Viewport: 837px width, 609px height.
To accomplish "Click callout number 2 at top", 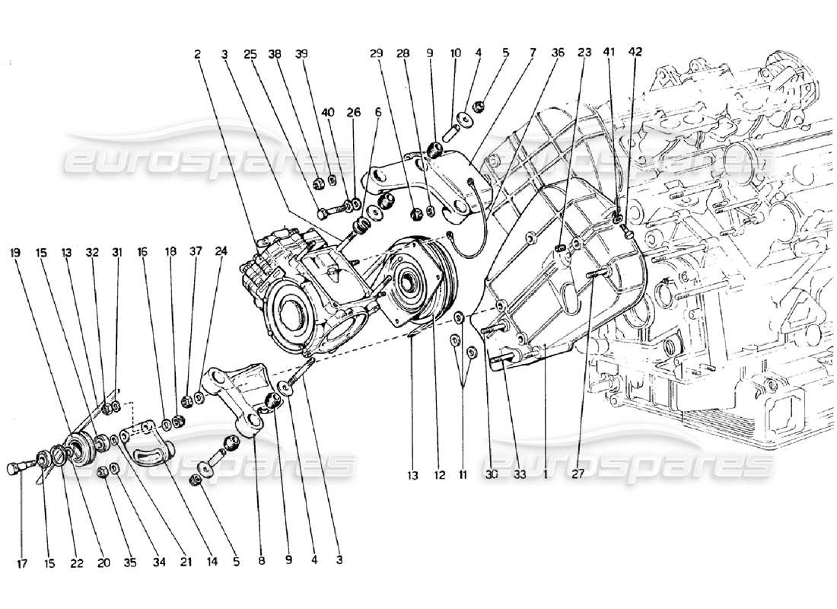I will [x=197, y=54].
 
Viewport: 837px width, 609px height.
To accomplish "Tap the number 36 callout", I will [x=559, y=53].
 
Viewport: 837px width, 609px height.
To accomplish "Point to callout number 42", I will [x=635, y=53].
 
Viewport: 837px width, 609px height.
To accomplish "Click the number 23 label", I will [x=584, y=53].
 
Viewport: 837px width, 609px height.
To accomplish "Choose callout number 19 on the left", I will [x=16, y=250].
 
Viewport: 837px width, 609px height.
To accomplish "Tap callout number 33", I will [x=519, y=477].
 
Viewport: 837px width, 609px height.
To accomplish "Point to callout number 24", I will [x=221, y=250].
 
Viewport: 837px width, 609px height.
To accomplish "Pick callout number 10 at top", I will [x=456, y=53].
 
